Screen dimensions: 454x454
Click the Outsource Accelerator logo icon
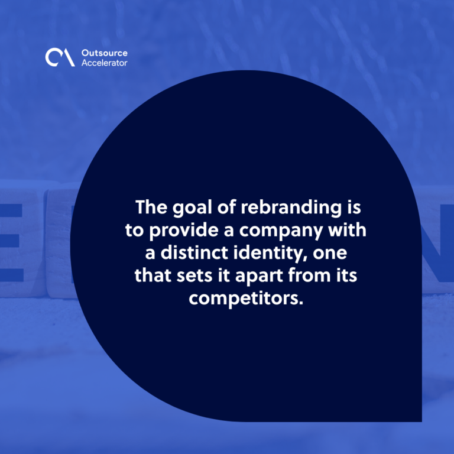pos(60,57)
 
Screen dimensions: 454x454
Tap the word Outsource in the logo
pos(105,53)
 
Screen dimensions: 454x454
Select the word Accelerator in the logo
pos(104,63)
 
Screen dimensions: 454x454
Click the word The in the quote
pos(151,207)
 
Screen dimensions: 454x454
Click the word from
pos(309,275)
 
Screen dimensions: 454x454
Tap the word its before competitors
pos(346,275)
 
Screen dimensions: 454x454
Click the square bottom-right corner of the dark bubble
pos(422,422)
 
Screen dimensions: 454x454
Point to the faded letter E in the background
pos(12,242)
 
